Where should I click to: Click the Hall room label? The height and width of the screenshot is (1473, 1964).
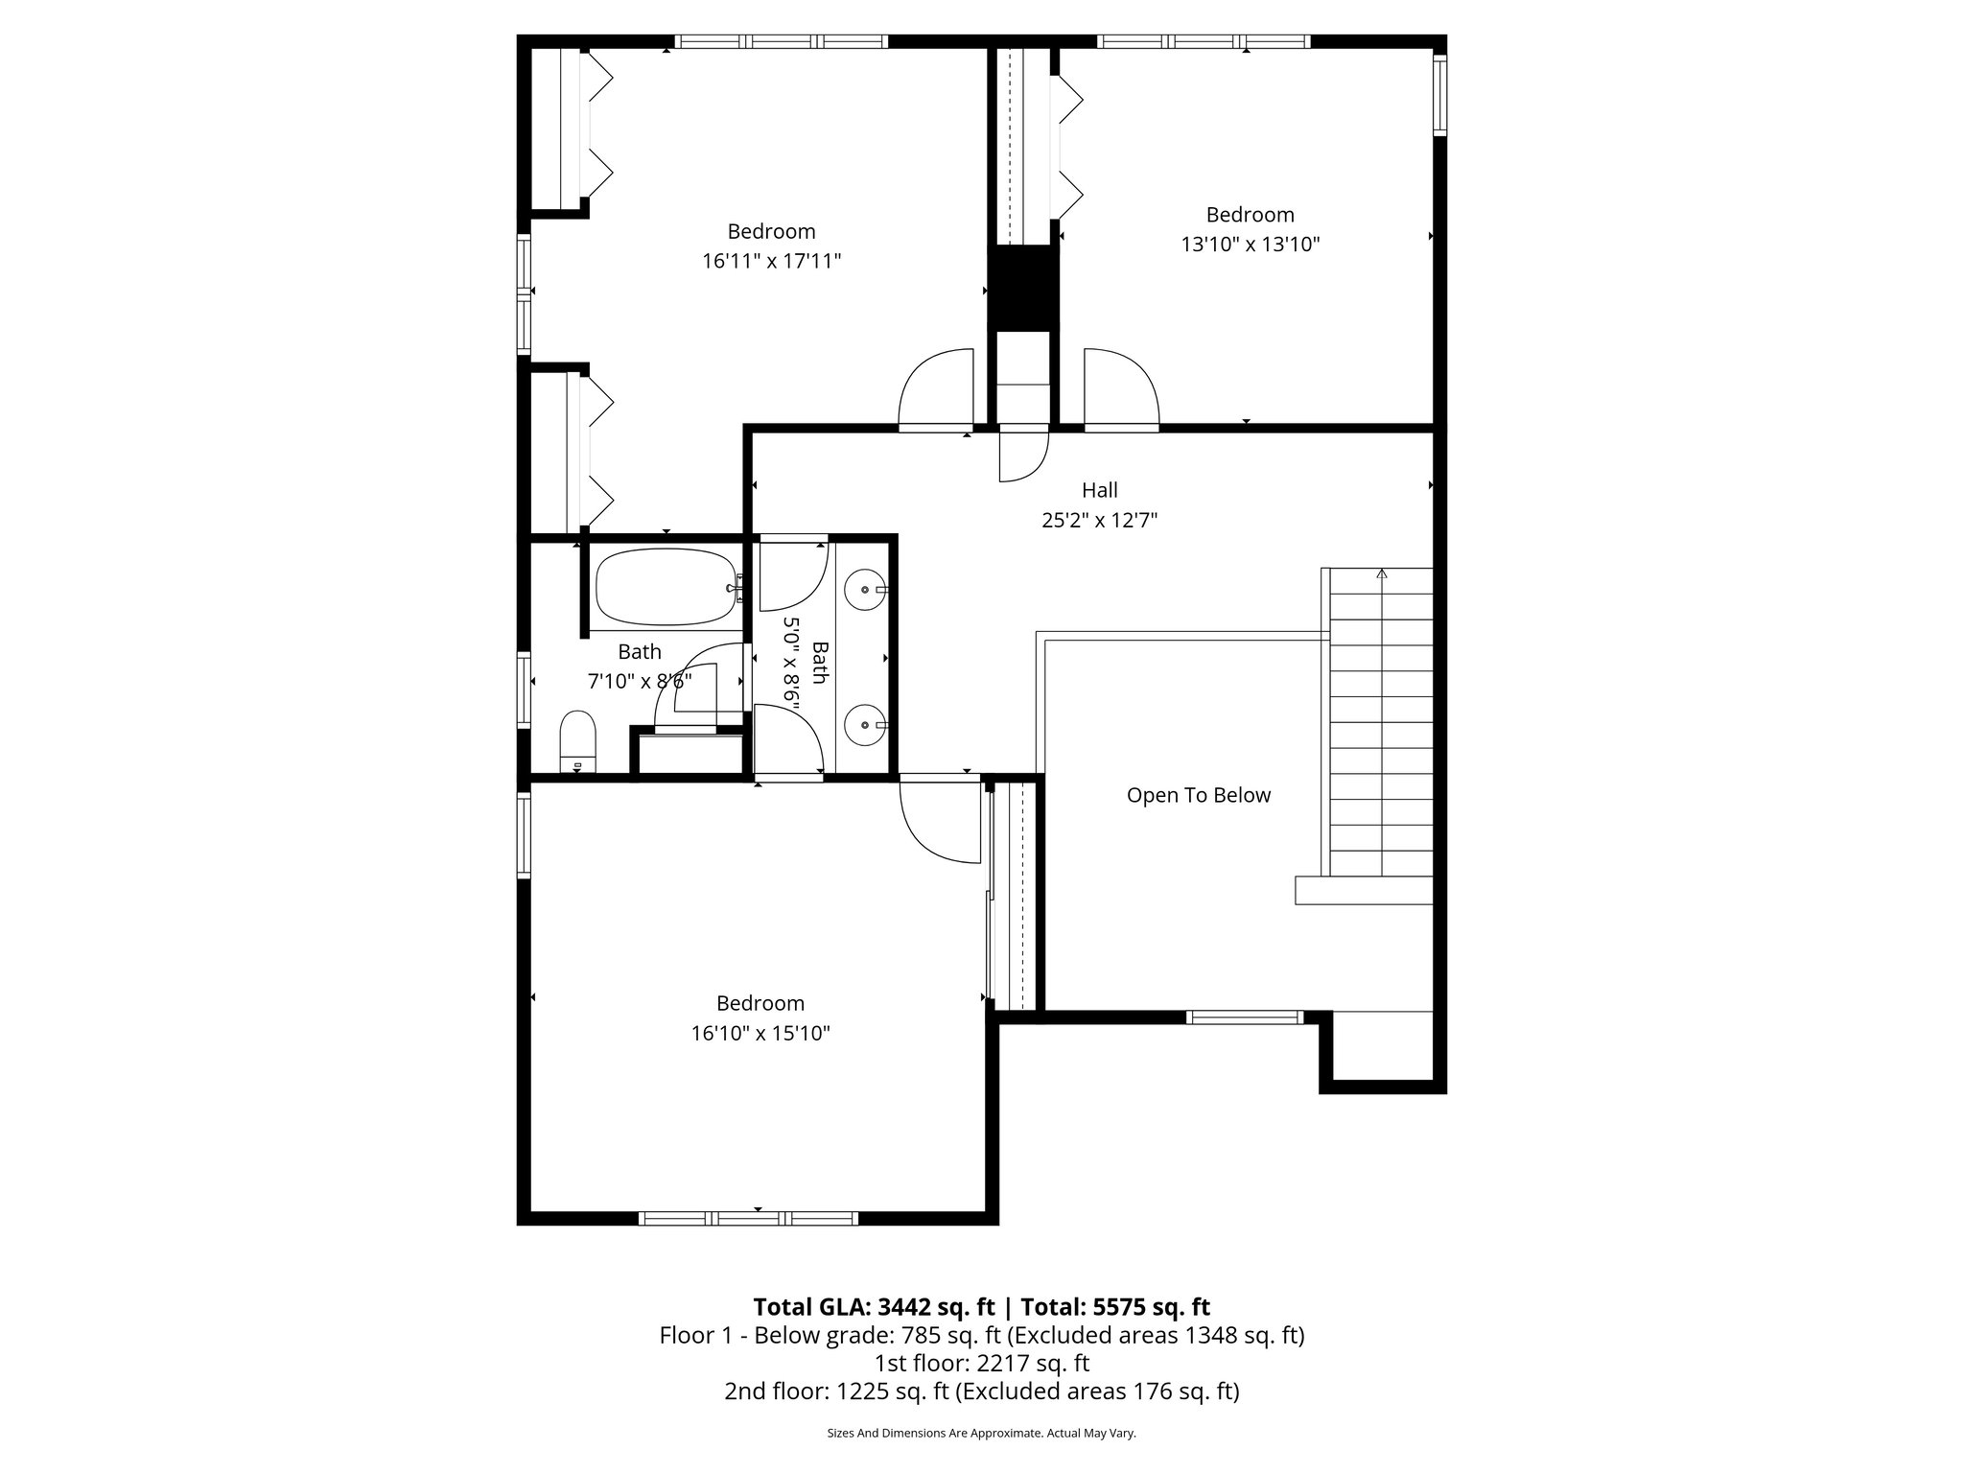pyautogui.click(x=1099, y=490)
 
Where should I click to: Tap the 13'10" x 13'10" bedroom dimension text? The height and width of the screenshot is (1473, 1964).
pyautogui.click(x=1250, y=245)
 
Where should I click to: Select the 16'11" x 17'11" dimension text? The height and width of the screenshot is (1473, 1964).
pyautogui.click(x=771, y=261)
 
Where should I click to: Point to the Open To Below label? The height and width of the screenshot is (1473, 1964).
pyautogui.click(x=1198, y=795)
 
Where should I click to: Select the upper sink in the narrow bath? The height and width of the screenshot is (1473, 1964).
pyautogui.click(x=867, y=590)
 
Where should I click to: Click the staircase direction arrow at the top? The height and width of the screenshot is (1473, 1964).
pyautogui.click(x=1381, y=574)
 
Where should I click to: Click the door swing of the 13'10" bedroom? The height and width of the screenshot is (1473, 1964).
pyautogui.click(x=1120, y=388)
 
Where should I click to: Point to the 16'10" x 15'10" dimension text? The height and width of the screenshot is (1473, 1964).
pyautogui.click(x=760, y=1034)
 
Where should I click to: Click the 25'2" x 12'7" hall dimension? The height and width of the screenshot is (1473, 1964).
pyautogui.click(x=1099, y=521)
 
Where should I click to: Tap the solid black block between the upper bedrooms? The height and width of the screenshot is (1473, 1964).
pyautogui.click(x=1023, y=288)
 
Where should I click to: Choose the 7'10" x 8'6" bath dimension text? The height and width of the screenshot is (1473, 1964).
pyautogui.click(x=639, y=682)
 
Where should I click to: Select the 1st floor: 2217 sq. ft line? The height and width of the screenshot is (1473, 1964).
pyautogui.click(x=981, y=1363)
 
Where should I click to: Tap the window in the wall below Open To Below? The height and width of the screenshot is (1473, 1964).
pyautogui.click(x=1244, y=1017)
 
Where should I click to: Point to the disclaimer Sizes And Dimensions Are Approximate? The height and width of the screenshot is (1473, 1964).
pyautogui.click(x=981, y=1433)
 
